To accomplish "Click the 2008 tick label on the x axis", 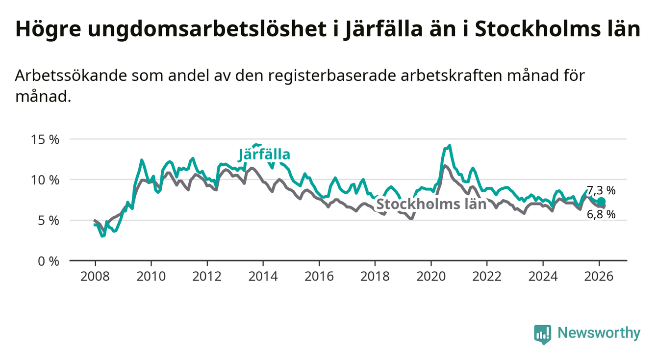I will (x=95, y=276).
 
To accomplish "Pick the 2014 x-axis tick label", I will (x=263, y=276).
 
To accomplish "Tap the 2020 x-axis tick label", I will (x=431, y=276).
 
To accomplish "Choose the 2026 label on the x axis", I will (x=600, y=276).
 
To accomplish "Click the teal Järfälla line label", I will (x=264, y=154).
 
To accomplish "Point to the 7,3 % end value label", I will (x=601, y=191).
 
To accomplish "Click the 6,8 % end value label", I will (x=601, y=214).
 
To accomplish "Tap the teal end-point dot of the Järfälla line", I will (x=601, y=202).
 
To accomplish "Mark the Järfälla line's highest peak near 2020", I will (x=449, y=146).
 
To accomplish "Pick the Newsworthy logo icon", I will (x=542, y=334).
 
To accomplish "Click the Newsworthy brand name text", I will (x=599, y=334).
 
